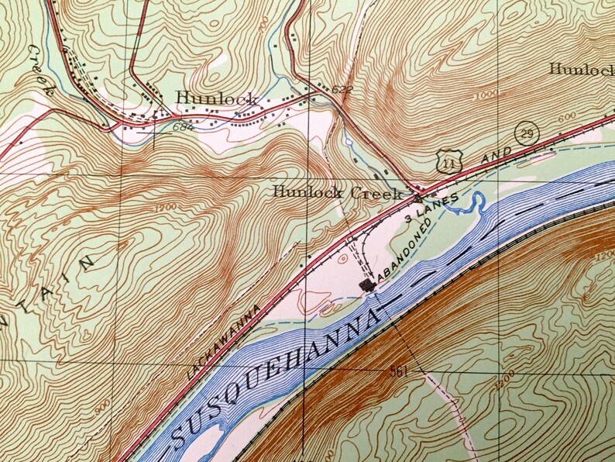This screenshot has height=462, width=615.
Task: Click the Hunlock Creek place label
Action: [338, 192]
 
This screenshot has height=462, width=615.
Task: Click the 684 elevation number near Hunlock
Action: [184, 126]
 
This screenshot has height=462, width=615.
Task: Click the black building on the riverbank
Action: [367, 286]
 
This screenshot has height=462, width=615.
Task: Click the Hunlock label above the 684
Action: [216, 98]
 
